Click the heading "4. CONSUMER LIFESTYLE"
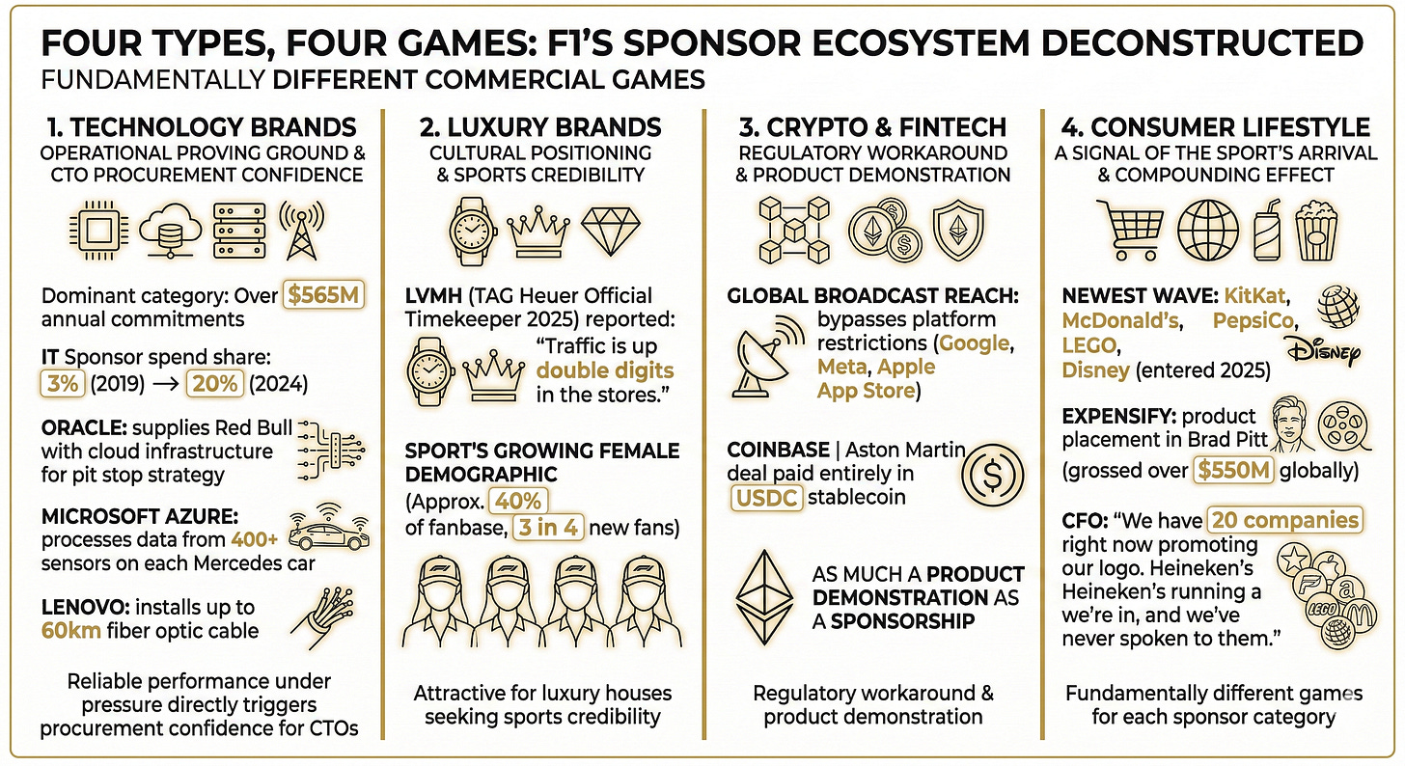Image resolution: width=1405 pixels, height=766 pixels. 1215,126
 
